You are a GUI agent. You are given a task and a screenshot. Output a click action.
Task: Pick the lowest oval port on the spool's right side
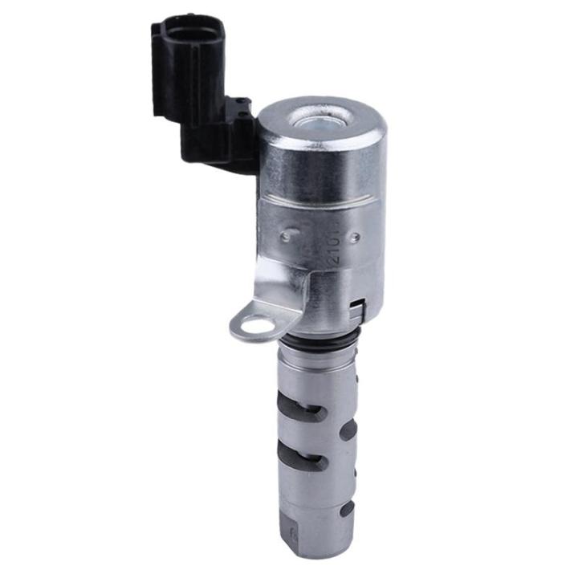click(x=347, y=508)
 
